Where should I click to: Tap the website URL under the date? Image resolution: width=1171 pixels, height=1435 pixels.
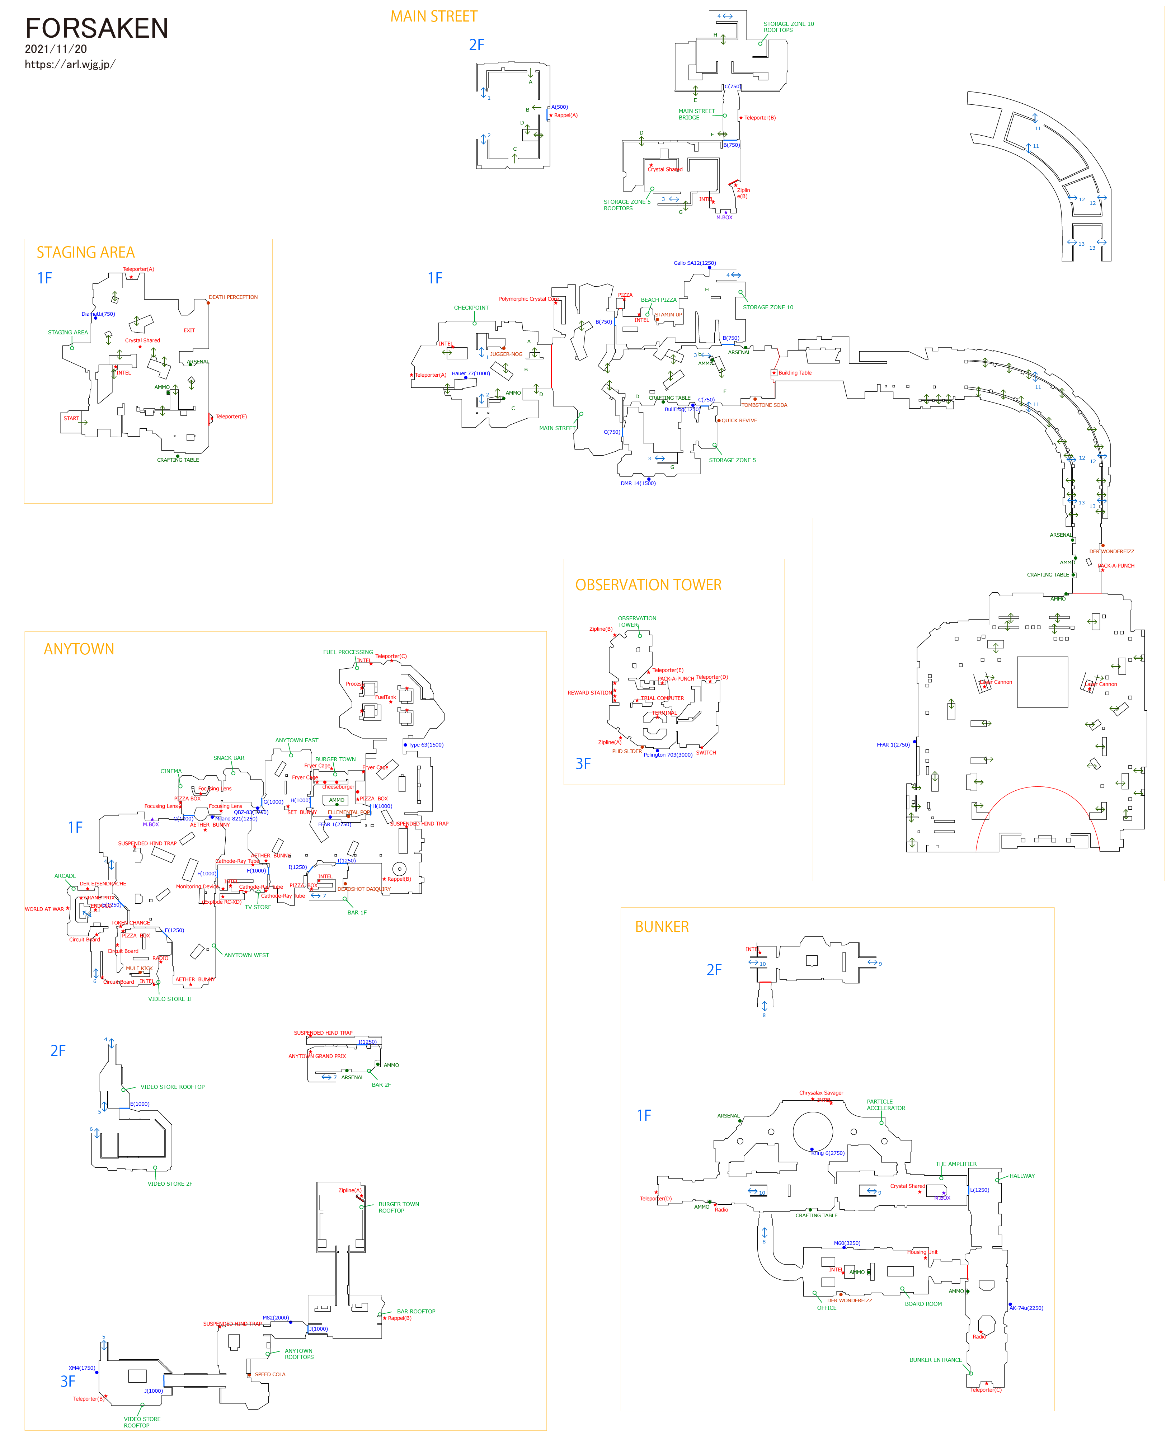point(70,65)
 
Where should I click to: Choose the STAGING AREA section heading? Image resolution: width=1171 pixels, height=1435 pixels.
point(86,252)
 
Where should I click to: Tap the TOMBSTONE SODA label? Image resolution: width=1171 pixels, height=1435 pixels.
point(764,405)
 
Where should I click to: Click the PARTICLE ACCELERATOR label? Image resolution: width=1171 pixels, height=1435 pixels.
point(886,1105)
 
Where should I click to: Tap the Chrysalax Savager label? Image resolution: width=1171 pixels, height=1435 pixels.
point(821,1092)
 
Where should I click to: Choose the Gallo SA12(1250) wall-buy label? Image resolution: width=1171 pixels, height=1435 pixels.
point(695,263)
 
